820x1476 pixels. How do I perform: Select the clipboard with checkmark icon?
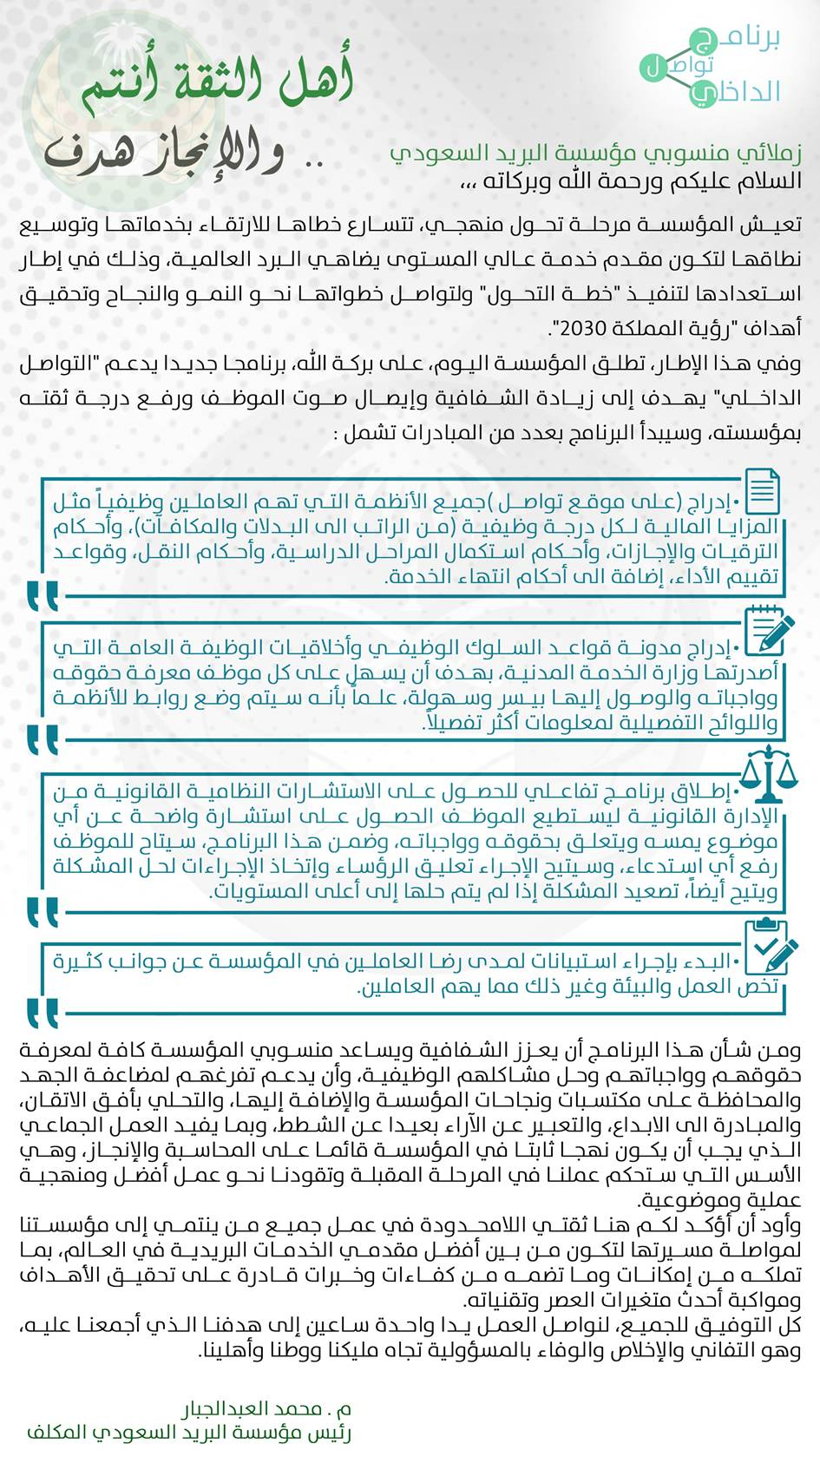click(x=769, y=946)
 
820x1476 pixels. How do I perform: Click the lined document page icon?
click(x=762, y=491)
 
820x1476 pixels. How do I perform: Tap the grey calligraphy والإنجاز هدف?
click(x=165, y=152)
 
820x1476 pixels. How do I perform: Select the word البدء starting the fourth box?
click(x=710, y=961)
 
